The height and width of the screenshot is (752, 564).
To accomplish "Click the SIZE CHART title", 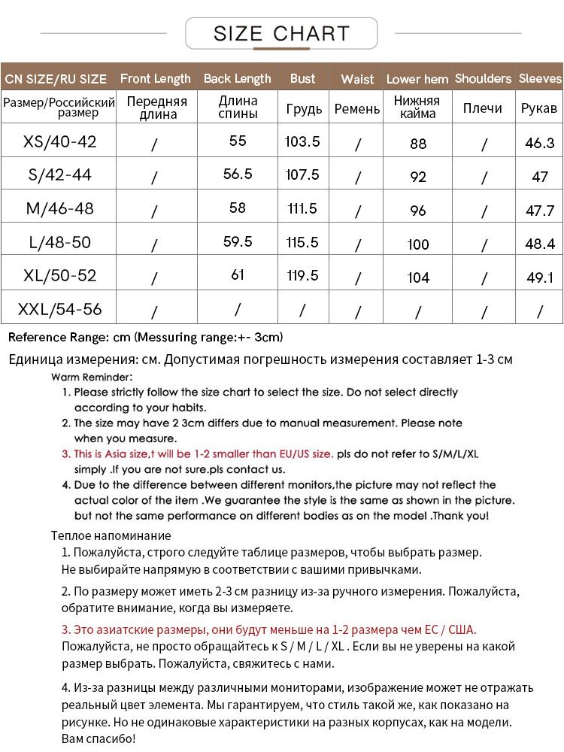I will click(x=281, y=34).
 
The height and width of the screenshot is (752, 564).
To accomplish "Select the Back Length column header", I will click(x=237, y=78).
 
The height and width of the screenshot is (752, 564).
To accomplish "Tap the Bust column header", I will click(x=302, y=78).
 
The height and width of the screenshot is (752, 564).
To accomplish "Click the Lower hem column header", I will click(x=417, y=79).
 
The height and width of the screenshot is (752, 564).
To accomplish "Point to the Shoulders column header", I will click(x=483, y=78).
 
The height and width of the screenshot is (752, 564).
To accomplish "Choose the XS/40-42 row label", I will click(x=60, y=141).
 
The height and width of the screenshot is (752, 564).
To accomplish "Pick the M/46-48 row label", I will click(x=60, y=208).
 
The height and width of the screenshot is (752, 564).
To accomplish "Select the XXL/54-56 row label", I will click(x=60, y=309).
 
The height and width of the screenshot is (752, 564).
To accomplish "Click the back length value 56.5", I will click(x=238, y=174).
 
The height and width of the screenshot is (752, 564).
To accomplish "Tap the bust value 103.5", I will click(x=302, y=141).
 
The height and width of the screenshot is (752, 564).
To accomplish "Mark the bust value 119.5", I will click(x=302, y=275).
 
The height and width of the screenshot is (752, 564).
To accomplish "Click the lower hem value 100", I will click(x=418, y=244).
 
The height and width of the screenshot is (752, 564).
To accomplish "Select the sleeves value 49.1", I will click(x=540, y=277).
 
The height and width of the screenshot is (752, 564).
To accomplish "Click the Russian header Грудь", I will click(x=304, y=109).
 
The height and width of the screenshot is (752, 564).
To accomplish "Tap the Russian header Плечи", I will click(x=483, y=108).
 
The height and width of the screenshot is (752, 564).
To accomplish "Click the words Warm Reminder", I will click(x=92, y=377).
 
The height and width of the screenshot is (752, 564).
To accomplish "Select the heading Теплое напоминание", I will click(x=111, y=535).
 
